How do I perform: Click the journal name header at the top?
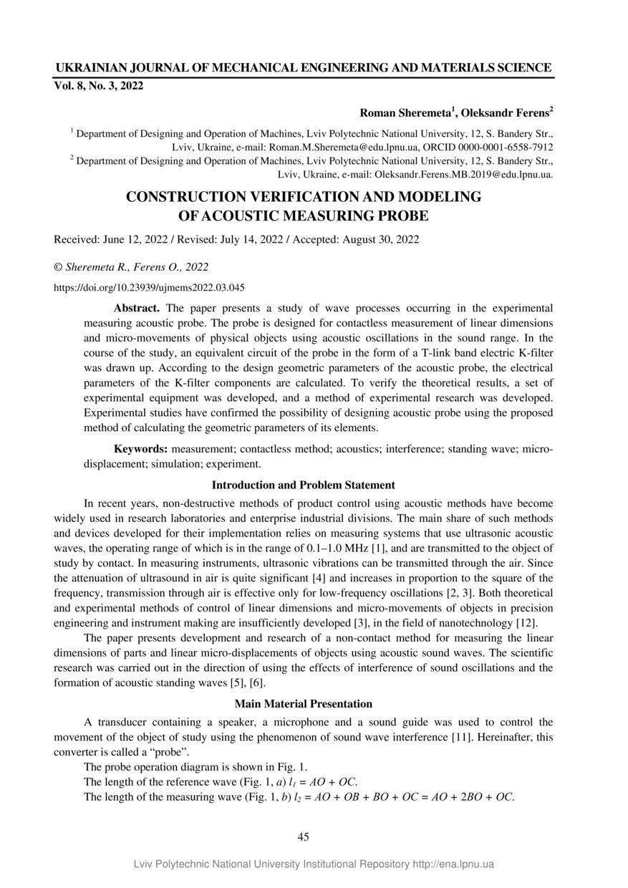pos(304,68)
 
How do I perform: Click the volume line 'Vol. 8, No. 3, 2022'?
pos(99,86)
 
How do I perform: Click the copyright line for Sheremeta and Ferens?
pos(131,267)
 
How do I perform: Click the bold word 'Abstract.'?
pos(137,309)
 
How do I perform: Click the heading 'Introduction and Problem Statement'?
pos(304,485)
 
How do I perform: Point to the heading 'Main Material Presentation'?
pos(304,703)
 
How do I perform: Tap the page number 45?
pos(304,836)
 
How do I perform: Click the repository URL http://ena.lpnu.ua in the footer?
pos(453,864)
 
